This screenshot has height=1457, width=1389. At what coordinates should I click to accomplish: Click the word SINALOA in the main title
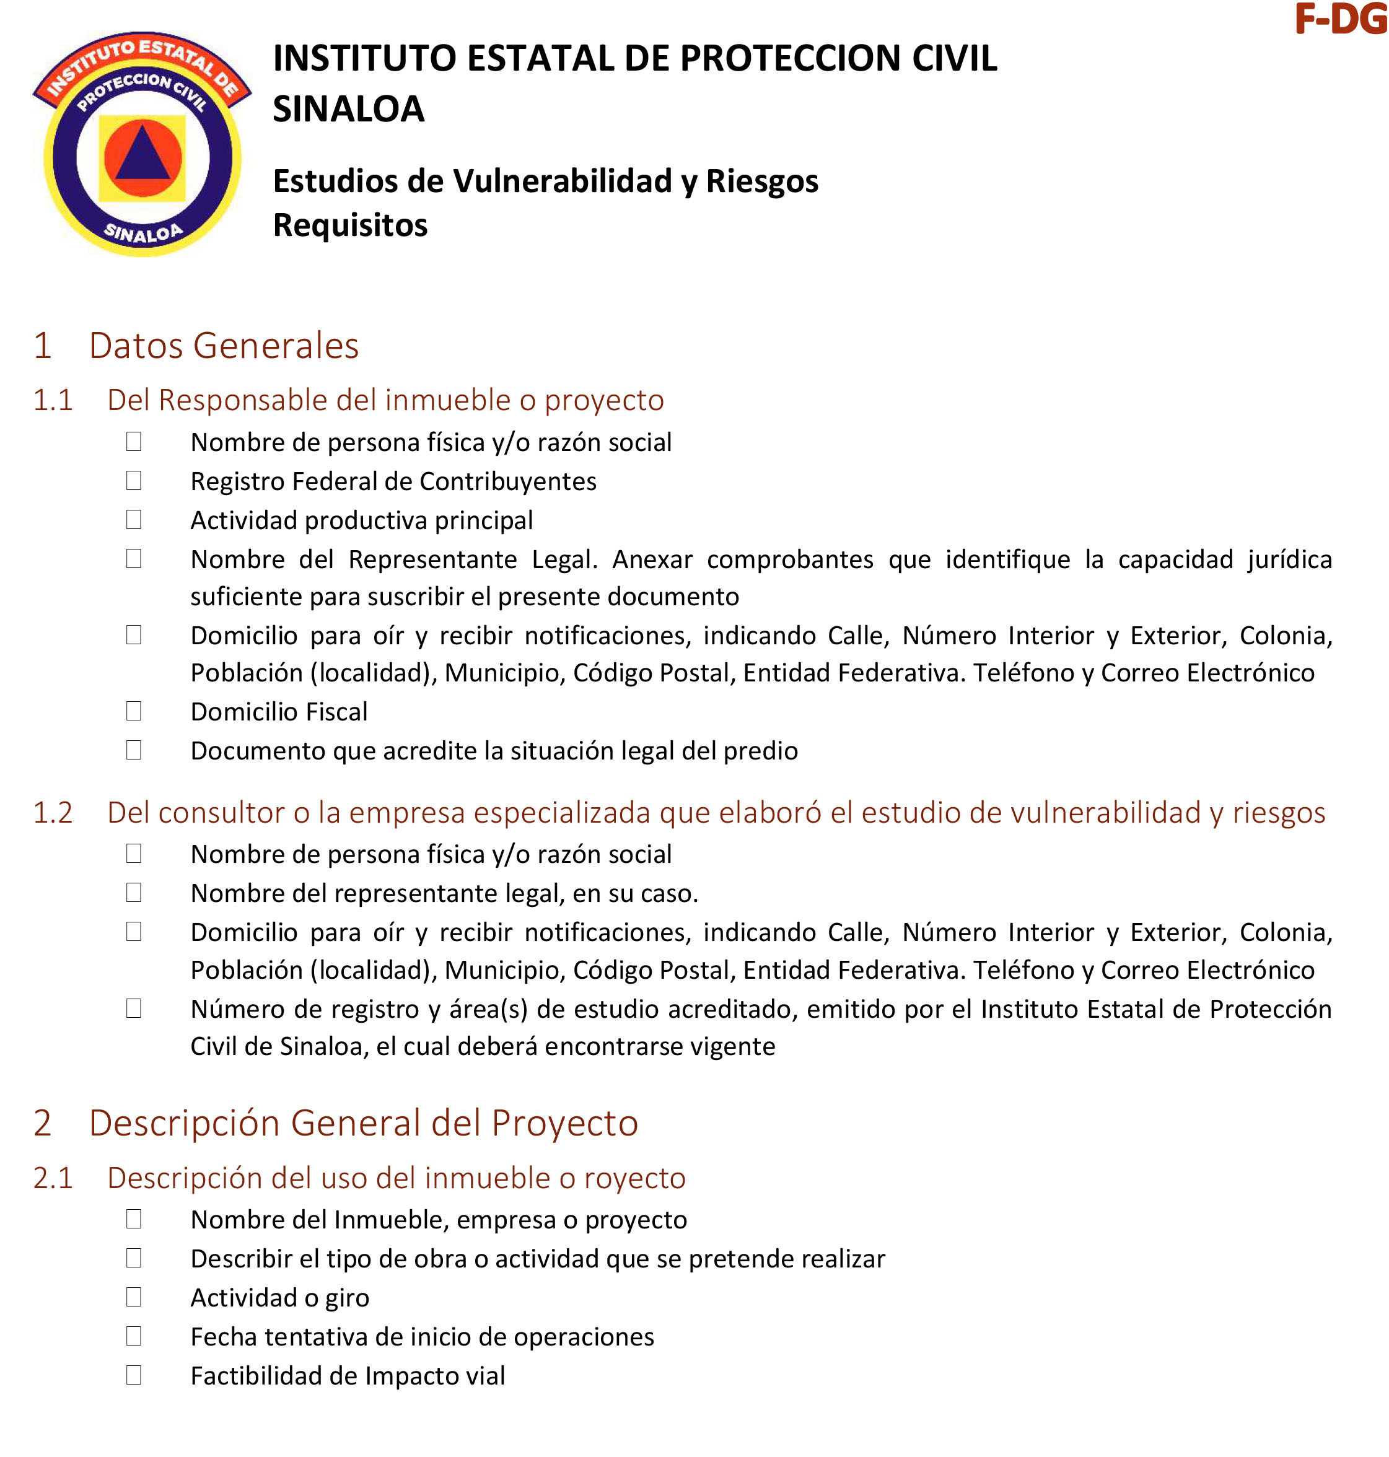[348, 109]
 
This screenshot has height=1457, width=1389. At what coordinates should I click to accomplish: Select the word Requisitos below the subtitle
[350, 225]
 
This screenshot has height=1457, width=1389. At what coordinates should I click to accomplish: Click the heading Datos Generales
[224, 346]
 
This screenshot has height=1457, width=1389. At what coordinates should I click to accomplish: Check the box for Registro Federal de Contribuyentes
[134, 481]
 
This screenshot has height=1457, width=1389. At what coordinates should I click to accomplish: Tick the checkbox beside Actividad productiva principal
[134, 520]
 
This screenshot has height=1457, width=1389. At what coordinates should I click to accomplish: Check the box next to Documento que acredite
[134, 750]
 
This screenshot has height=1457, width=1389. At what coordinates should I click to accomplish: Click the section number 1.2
[53, 813]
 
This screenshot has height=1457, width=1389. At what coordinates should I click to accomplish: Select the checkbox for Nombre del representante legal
[134, 893]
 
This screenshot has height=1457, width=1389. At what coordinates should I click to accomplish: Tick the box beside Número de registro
[134, 1009]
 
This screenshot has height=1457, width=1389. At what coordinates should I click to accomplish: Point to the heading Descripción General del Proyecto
[363, 1123]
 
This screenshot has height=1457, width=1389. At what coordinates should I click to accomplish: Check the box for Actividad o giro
[134, 1297]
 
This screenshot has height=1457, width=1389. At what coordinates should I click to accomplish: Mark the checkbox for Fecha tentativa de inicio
[134, 1336]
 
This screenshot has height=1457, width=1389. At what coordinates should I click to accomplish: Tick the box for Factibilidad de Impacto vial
[134, 1375]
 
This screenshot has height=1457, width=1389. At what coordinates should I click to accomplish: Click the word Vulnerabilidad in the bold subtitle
[562, 182]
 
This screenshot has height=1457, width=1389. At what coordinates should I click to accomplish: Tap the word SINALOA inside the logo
[143, 232]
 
